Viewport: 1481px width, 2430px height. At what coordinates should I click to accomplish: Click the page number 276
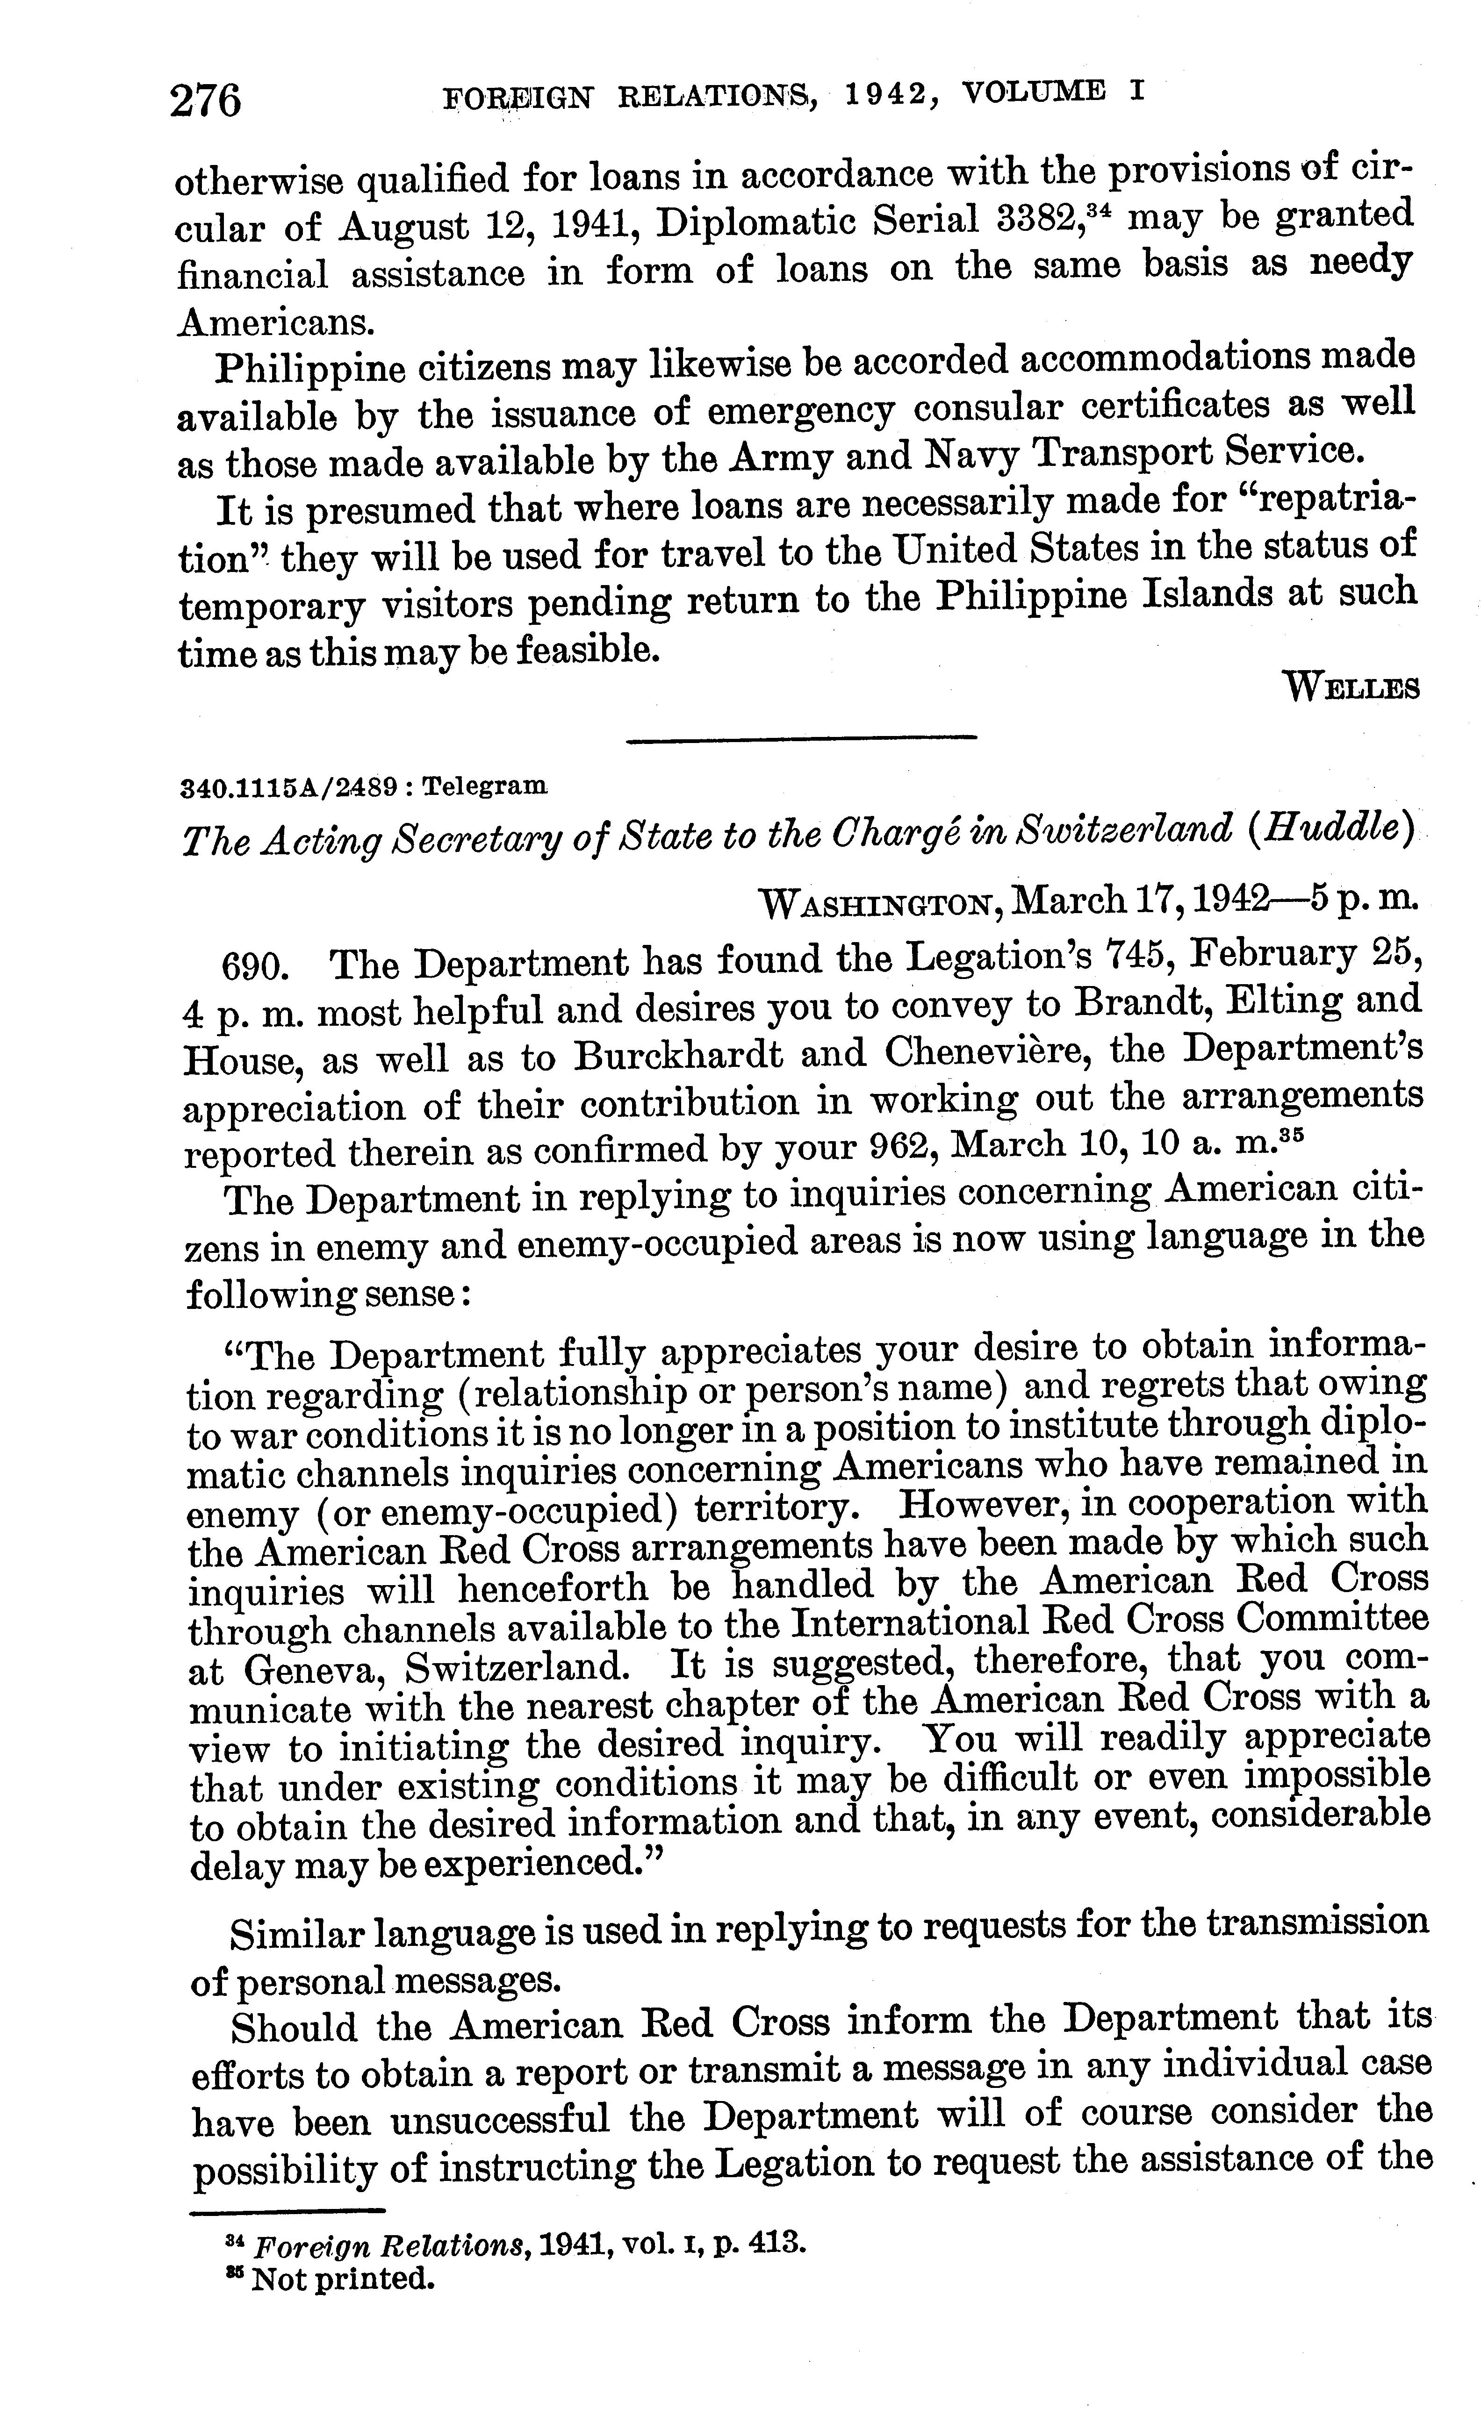[205, 100]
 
